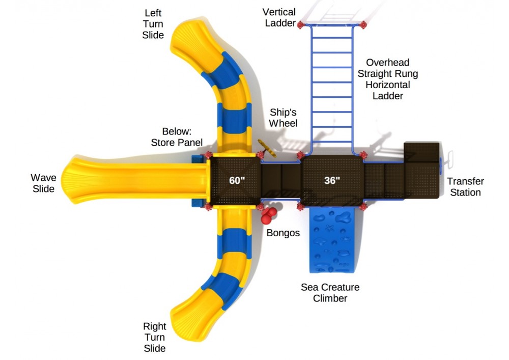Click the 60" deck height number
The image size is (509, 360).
237,180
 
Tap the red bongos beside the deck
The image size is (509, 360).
269,215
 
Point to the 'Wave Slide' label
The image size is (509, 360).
43,183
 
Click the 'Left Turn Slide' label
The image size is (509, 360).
154,24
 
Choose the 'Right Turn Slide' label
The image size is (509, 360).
154,337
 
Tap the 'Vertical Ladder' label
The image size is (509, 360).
279,17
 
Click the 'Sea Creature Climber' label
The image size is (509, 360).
330,293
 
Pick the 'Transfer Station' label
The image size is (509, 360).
465,187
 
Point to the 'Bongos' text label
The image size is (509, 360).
283,233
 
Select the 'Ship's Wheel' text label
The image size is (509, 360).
283,117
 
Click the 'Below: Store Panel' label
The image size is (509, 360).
177,137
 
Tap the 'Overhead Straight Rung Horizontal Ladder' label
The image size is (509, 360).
388,79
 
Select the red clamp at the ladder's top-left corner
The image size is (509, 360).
301,24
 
